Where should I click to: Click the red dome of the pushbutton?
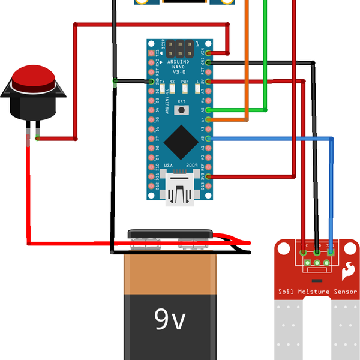click(x=34, y=79)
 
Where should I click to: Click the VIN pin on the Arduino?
click(x=208, y=52)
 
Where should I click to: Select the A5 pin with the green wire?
click(x=208, y=110)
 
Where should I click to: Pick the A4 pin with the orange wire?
click(x=208, y=119)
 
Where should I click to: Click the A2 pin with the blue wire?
click(x=208, y=139)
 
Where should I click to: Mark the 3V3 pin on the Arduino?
click(x=208, y=177)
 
